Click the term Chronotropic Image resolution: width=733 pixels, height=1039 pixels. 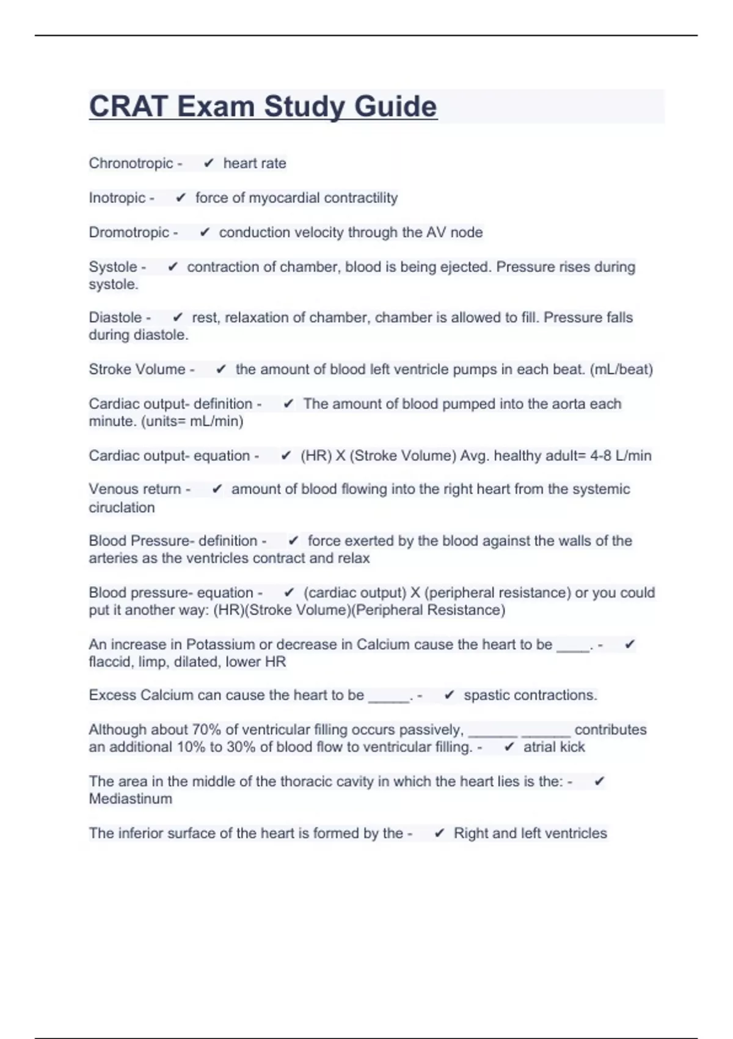tap(131, 163)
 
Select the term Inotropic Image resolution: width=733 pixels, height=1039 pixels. tap(117, 198)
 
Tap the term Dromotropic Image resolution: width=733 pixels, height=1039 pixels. tap(129, 232)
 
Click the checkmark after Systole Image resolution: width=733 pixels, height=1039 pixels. tap(173, 267)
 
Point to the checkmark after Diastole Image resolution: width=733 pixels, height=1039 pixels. tap(178, 318)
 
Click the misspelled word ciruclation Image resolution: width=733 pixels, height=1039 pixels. tap(122, 507)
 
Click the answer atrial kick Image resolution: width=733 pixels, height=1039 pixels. tap(554, 747)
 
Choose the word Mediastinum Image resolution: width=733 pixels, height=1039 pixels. tap(130, 799)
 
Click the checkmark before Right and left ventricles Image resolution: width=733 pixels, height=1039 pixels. tap(439, 834)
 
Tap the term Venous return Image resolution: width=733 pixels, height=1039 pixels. tap(134, 489)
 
